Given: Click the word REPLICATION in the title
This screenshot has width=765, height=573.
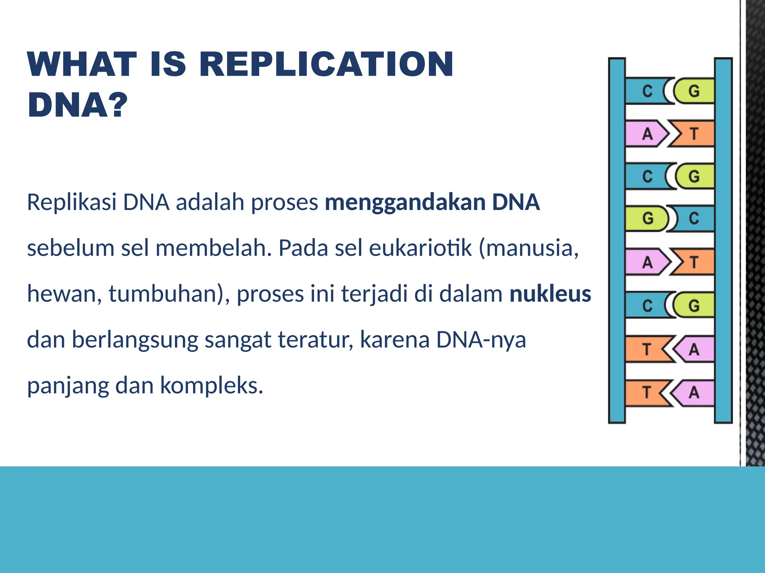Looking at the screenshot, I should coord(326,65).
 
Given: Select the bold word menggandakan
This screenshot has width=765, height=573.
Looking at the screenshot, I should coord(405,202).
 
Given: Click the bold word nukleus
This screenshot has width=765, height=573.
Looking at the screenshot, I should coord(550,294).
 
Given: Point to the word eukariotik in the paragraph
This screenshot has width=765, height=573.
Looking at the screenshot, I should coord(420,248).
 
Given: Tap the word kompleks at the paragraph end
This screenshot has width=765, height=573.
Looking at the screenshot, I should coord(211,385).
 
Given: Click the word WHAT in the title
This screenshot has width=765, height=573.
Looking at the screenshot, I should coord(82,65).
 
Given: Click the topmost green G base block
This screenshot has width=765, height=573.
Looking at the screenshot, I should coord(694,91).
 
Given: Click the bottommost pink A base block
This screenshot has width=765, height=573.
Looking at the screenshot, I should coord(694,393).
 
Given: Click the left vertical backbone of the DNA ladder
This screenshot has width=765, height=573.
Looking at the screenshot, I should coord(617,241).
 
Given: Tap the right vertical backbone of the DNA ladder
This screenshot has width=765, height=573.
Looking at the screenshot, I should coord(723,241).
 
